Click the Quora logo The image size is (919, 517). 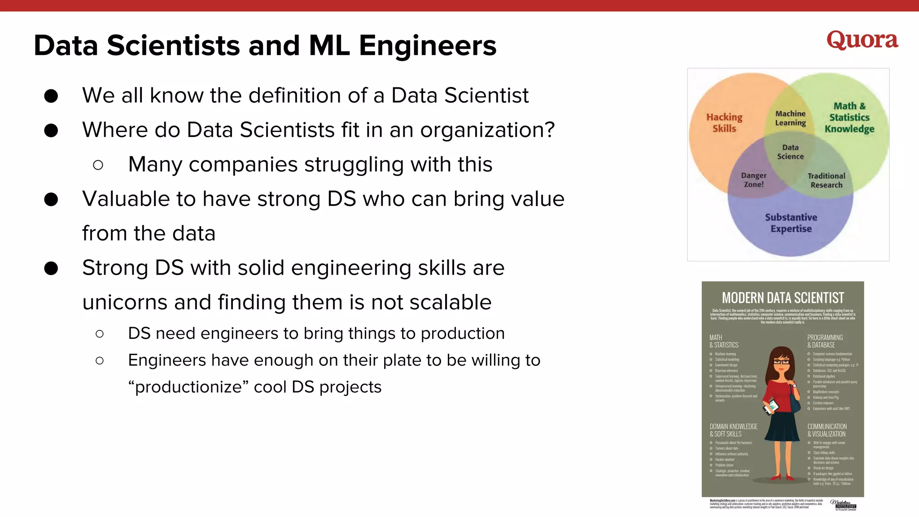[x=862, y=40]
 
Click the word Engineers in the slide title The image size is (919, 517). [x=427, y=46]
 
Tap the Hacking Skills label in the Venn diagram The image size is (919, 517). [x=724, y=123]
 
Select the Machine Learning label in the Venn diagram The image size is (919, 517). [x=790, y=118]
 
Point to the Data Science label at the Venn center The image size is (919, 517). [x=790, y=152]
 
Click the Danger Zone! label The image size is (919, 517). [x=753, y=180]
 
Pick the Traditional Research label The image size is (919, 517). [x=826, y=180]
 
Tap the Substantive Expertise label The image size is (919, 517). [x=791, y=223]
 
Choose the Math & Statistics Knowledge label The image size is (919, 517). [x=849, y=118]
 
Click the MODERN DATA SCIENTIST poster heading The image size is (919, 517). [x=783, y=298]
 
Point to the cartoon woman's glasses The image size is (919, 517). [x=781, y=362]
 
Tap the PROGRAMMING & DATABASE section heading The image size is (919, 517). [x=825, y=341]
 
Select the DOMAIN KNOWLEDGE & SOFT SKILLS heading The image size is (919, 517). [x=733, y=430]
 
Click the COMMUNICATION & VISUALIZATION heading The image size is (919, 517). [x=827, y=430]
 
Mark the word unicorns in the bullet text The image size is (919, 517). [x=125, y=302]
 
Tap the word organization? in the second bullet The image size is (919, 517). [x=487, y=130]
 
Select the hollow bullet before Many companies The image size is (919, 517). [x=98, y=165]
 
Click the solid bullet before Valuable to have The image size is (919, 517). [x=51, y=199]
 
